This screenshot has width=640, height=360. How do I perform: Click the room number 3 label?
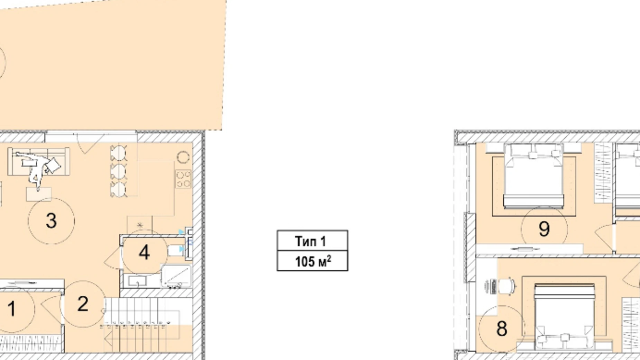tap(51, 221)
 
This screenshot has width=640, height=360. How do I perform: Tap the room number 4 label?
tap(144, 252)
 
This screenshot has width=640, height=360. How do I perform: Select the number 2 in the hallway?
tap(83, 304)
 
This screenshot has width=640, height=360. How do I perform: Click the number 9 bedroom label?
tap(544, 229)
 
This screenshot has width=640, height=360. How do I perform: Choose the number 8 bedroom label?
tap(502, 328)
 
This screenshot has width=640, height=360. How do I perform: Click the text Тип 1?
tap(310, 241)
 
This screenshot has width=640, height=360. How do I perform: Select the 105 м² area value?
tap(313, 261)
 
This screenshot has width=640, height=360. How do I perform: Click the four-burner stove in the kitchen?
tap(183, 179)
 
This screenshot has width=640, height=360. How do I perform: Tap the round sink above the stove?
tap(183, 157)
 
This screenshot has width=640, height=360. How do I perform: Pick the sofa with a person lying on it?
tap(39, 161)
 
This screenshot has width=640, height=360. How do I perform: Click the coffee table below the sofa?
tap(39, 194)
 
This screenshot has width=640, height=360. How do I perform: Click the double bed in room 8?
tap(565, 317)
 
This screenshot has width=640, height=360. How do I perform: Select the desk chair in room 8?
tap(507, 286)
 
